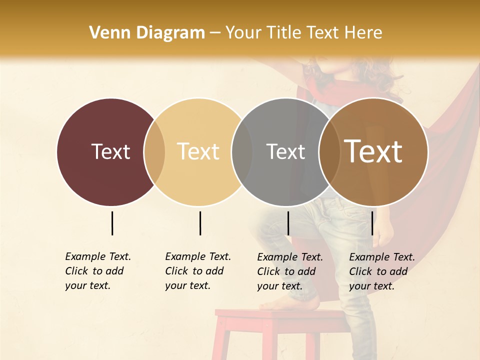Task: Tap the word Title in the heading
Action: (x=282, y=33)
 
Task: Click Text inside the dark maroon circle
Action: (x=110, y=151)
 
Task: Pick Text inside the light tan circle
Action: (x=198, y=151)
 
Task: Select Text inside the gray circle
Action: (x=285, y=151)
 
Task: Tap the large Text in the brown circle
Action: (x=373, y=151)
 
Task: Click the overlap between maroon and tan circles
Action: (x=154, y=152)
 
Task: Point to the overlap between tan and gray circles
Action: (x=242, y=152)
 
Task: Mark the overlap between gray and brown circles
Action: (x=329, y=152)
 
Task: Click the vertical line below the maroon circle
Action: (x=112, y=223)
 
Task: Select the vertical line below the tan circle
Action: (x=200, y=223)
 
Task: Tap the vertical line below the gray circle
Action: (x=288, y=223)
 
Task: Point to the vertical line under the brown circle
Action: (x=372, y=223)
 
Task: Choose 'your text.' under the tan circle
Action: (x=187, y=286)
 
